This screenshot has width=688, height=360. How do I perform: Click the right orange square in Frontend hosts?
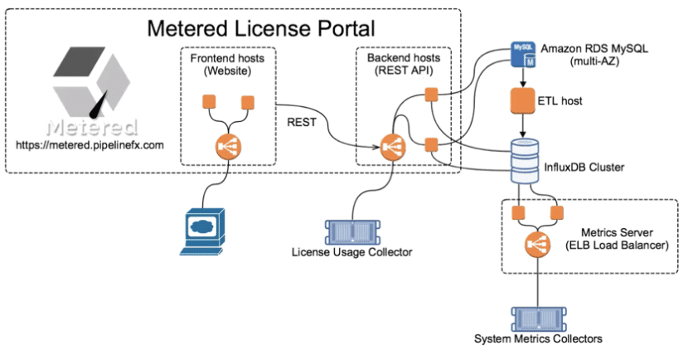(245, 103)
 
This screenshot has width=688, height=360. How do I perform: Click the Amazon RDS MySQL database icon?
(523, 56)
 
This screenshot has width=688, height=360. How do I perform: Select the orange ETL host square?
(524, 103)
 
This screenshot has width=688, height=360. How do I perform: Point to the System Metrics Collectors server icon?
(538, 318)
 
